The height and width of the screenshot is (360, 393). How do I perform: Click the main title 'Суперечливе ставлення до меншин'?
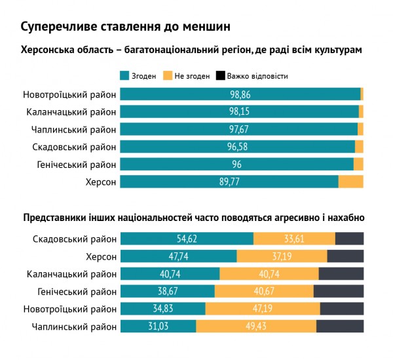(x=125, y=27)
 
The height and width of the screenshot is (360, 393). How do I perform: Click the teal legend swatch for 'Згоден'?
(x=124, y=75)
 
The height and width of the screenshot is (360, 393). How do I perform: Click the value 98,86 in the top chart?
(x=240, y=94)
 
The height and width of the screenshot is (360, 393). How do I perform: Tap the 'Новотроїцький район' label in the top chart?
(x=69, y=94)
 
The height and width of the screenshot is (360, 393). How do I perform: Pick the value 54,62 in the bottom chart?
(x=187, y=239)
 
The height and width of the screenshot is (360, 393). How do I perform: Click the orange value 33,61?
(x=294, y=239)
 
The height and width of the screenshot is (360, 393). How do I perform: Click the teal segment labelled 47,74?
(x=178, y=256)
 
